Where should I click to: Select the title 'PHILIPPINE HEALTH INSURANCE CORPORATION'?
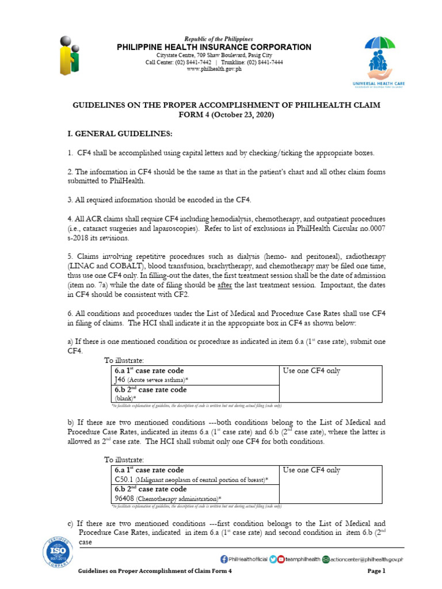214,47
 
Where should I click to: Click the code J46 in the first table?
120,380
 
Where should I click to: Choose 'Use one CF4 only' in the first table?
311,371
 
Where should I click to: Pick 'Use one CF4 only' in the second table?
311,471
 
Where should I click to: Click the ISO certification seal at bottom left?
56,554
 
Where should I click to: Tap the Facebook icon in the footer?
224,559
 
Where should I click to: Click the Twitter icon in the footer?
273,559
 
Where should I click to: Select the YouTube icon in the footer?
281,559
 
